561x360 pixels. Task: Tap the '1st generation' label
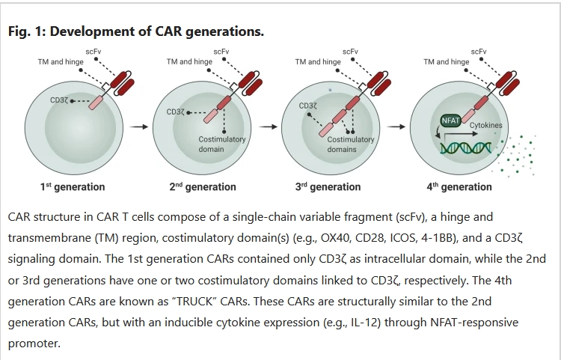click(73, 186)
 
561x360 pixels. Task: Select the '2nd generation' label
click(203, 186)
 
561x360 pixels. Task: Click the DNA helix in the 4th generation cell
click(466, 147)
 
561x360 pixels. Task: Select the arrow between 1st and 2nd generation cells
click(138, 127)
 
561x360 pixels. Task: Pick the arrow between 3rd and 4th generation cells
click(396, 127)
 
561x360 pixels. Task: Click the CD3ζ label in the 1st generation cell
click(59, 100)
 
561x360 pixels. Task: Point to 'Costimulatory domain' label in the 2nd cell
click(221, 144)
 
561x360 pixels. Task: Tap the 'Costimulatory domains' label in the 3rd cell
click(351, 144)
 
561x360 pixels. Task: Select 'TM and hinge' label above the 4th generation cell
click(447, 61)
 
